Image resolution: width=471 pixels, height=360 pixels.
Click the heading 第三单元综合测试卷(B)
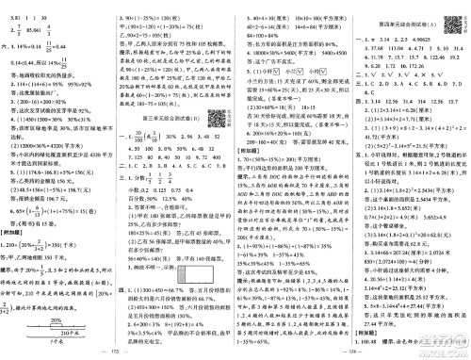178,116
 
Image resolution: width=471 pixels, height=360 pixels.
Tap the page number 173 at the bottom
118,352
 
